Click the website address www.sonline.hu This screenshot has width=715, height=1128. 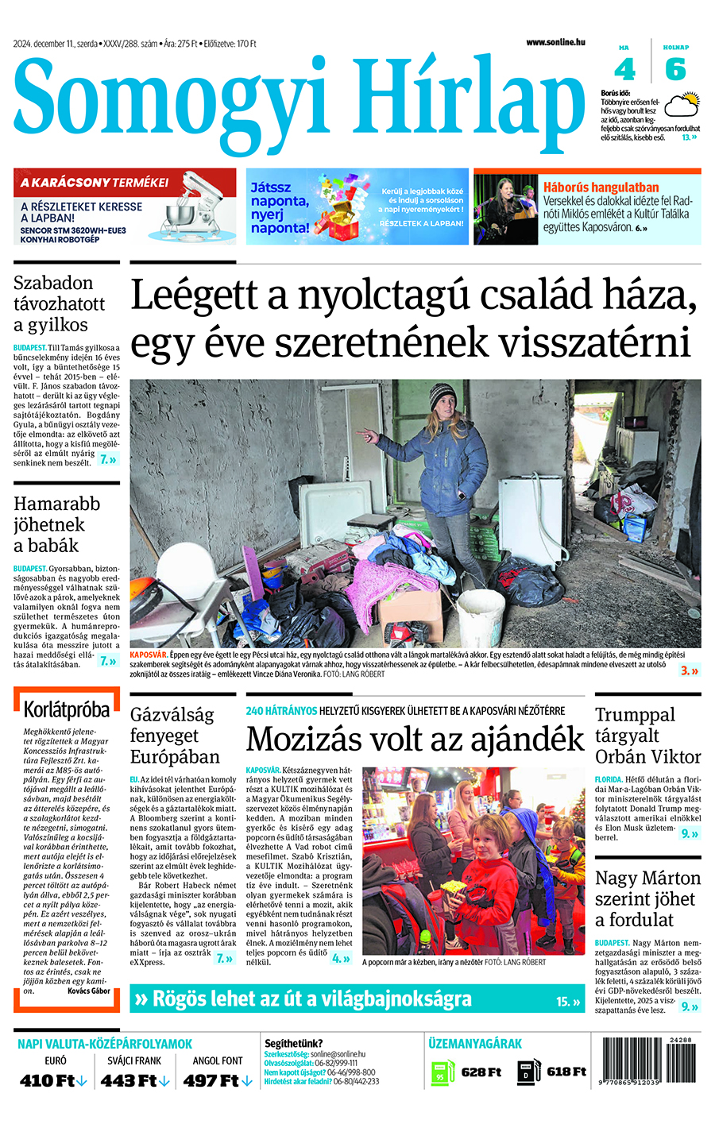coord(555,42)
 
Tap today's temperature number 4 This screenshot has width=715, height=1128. coord(624,70)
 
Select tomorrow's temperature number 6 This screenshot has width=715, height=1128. coord(675,70)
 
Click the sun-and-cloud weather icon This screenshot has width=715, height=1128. coord(681,106)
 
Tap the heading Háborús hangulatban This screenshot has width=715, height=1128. coord(601,187)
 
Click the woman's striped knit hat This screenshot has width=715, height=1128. coord(443,396)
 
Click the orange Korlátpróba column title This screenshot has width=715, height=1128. coord(67,709)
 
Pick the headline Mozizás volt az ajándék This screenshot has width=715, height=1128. coord(415,740)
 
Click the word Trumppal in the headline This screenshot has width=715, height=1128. coord(635,714)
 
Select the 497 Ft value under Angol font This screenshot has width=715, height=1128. coord(211,1080)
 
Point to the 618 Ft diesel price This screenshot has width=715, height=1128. coord(566,1072)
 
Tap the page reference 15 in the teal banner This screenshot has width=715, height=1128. coord(563,1002)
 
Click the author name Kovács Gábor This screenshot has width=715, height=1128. coord(89,991)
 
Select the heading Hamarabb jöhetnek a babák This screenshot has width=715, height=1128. coord(57,524)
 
